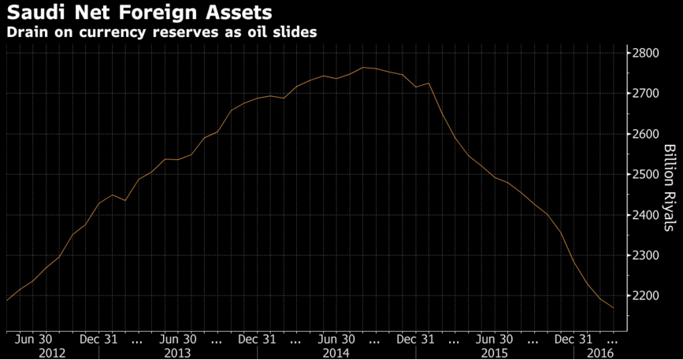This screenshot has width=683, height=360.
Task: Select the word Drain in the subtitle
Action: (25, 33)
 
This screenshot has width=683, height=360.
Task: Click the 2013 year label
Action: (177, 353)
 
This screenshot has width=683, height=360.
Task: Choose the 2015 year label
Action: (494, 353)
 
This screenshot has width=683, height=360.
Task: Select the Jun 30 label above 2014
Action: (337, 340)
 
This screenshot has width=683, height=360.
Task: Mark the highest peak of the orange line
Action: (363, 68)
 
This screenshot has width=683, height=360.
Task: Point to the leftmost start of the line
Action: (7, 300)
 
